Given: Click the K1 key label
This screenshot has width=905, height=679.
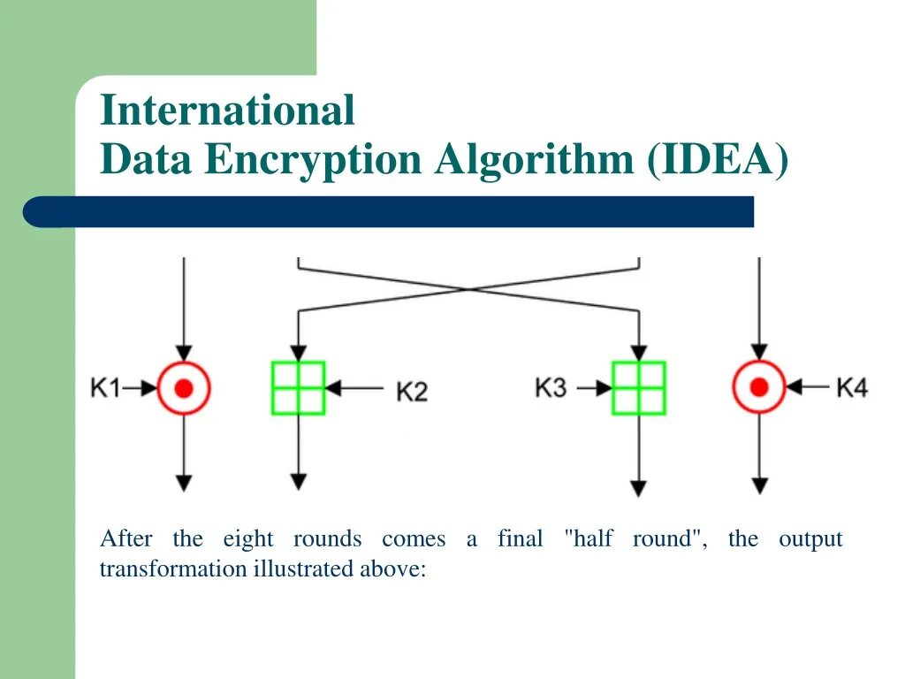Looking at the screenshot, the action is pos(105,387).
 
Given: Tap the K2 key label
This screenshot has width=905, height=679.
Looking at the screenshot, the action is pos(411,390).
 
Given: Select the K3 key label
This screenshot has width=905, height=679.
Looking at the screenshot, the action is pos(551,387).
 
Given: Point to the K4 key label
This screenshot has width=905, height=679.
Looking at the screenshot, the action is pos(851,387).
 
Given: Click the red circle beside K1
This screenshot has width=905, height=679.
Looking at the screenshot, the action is pos(184,387).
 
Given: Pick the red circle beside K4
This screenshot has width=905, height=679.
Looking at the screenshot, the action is pos(758,387).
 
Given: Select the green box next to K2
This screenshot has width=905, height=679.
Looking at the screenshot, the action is pos(298,387).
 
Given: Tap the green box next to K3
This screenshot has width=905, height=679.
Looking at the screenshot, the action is pos(638,387).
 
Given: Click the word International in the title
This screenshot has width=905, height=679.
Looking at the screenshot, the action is pos(227,111).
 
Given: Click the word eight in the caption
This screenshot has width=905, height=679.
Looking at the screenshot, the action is pos(248,538).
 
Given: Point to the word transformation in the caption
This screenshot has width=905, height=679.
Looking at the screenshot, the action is pos(172,568).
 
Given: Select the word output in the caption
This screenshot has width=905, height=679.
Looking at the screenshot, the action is pos(810,538).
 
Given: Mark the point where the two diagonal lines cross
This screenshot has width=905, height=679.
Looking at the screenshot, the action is pos(469,288).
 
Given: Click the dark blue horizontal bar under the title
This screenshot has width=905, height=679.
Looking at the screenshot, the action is pos(389,212).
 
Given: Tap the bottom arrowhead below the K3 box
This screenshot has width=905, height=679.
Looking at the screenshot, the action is pos(638,488).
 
